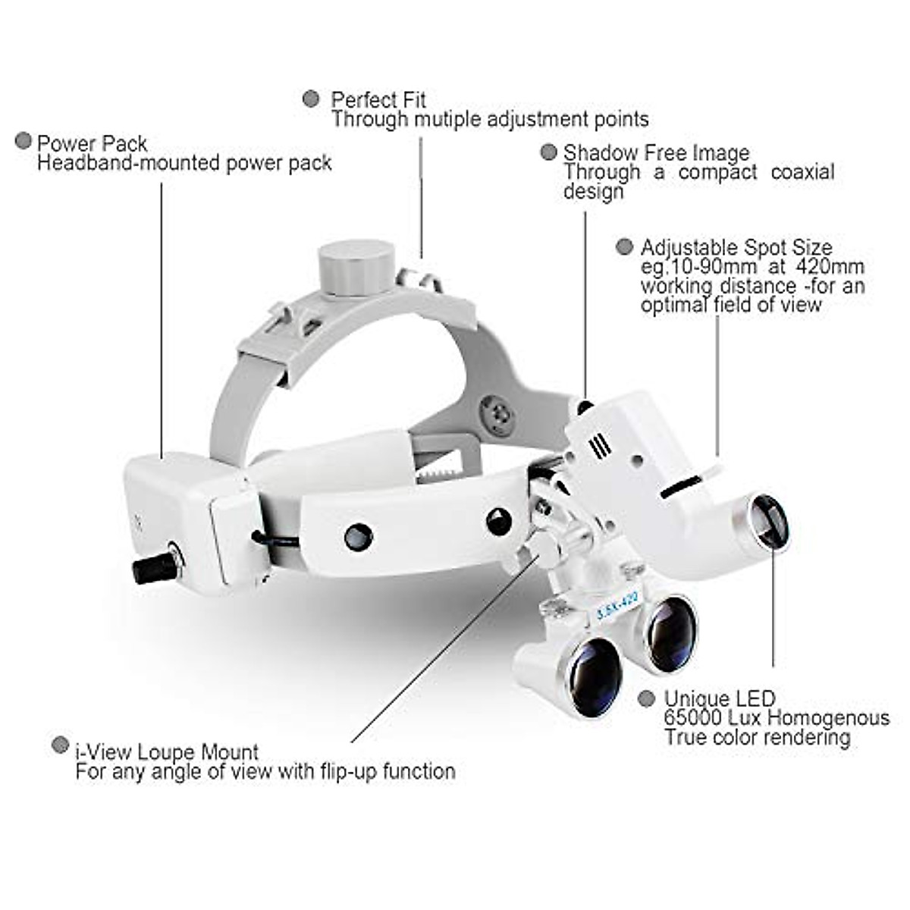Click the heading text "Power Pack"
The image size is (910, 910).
(92, 143)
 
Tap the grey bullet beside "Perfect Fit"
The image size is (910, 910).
(311, 99)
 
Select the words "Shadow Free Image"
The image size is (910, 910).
(656, 153)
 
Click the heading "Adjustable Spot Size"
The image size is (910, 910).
(736, 248)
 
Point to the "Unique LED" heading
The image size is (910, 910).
(720, 698)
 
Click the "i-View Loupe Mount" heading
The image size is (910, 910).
(167, 752)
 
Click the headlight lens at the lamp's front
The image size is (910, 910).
(767, 522)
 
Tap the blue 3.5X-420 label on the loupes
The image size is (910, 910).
(617, 607)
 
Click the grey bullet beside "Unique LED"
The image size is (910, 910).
(646, 698)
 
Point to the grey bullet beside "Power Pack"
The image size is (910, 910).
(24, 141)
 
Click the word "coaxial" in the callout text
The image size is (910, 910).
(802, 172)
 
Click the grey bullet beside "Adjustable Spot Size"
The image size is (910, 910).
(624, 246)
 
